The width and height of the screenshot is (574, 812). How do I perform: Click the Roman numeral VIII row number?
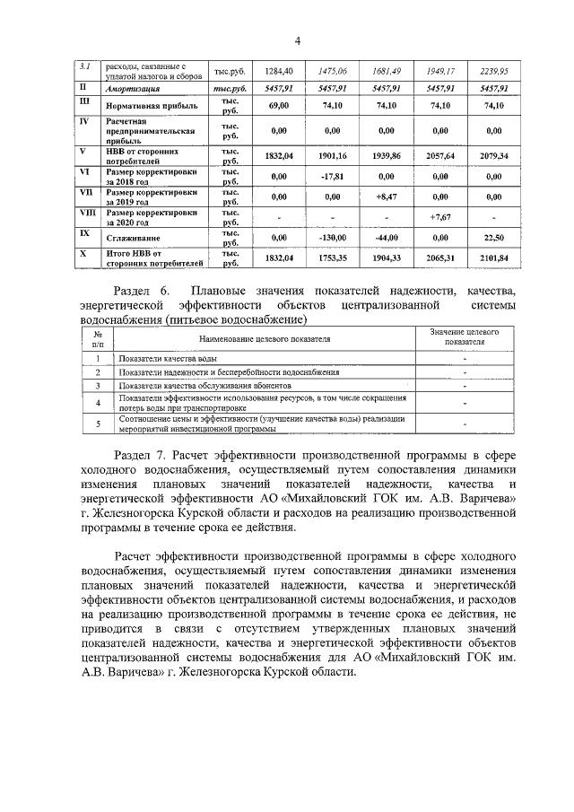88,212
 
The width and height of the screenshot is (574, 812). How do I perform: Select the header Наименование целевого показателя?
265,340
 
